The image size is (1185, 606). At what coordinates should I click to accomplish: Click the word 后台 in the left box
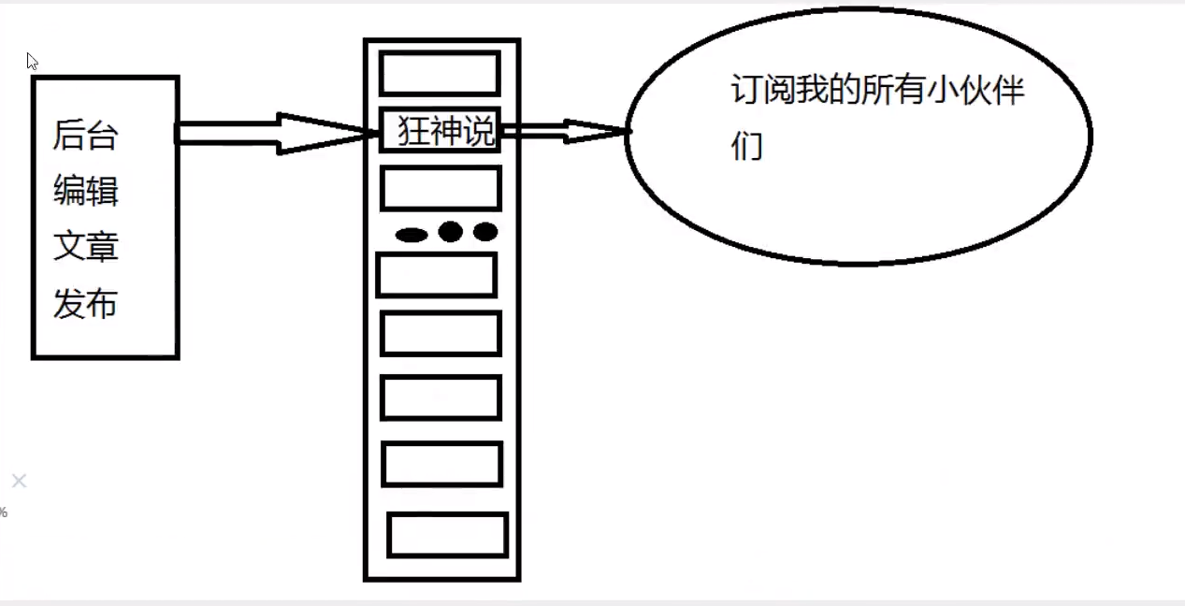85,137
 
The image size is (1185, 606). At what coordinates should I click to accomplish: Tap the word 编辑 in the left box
85,193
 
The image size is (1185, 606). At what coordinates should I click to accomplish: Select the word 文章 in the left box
85,248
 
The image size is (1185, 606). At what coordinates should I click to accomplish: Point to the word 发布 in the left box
85,304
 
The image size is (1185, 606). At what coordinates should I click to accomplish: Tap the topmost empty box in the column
440,73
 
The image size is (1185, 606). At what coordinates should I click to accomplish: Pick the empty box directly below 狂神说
441,188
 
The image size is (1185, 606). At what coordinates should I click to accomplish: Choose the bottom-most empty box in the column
447,535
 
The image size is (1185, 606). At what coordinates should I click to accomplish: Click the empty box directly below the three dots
436,275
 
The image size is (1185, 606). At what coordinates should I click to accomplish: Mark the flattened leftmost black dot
412,235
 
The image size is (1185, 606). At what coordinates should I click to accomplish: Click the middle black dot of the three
451,231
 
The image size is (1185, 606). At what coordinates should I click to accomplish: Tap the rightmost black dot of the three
484,231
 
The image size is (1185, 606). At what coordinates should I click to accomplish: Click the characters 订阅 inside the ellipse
760,93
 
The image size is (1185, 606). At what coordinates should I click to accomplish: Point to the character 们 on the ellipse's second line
746,146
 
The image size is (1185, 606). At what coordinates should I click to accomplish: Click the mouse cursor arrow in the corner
32,62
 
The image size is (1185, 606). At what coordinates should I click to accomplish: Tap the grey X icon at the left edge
19,481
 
